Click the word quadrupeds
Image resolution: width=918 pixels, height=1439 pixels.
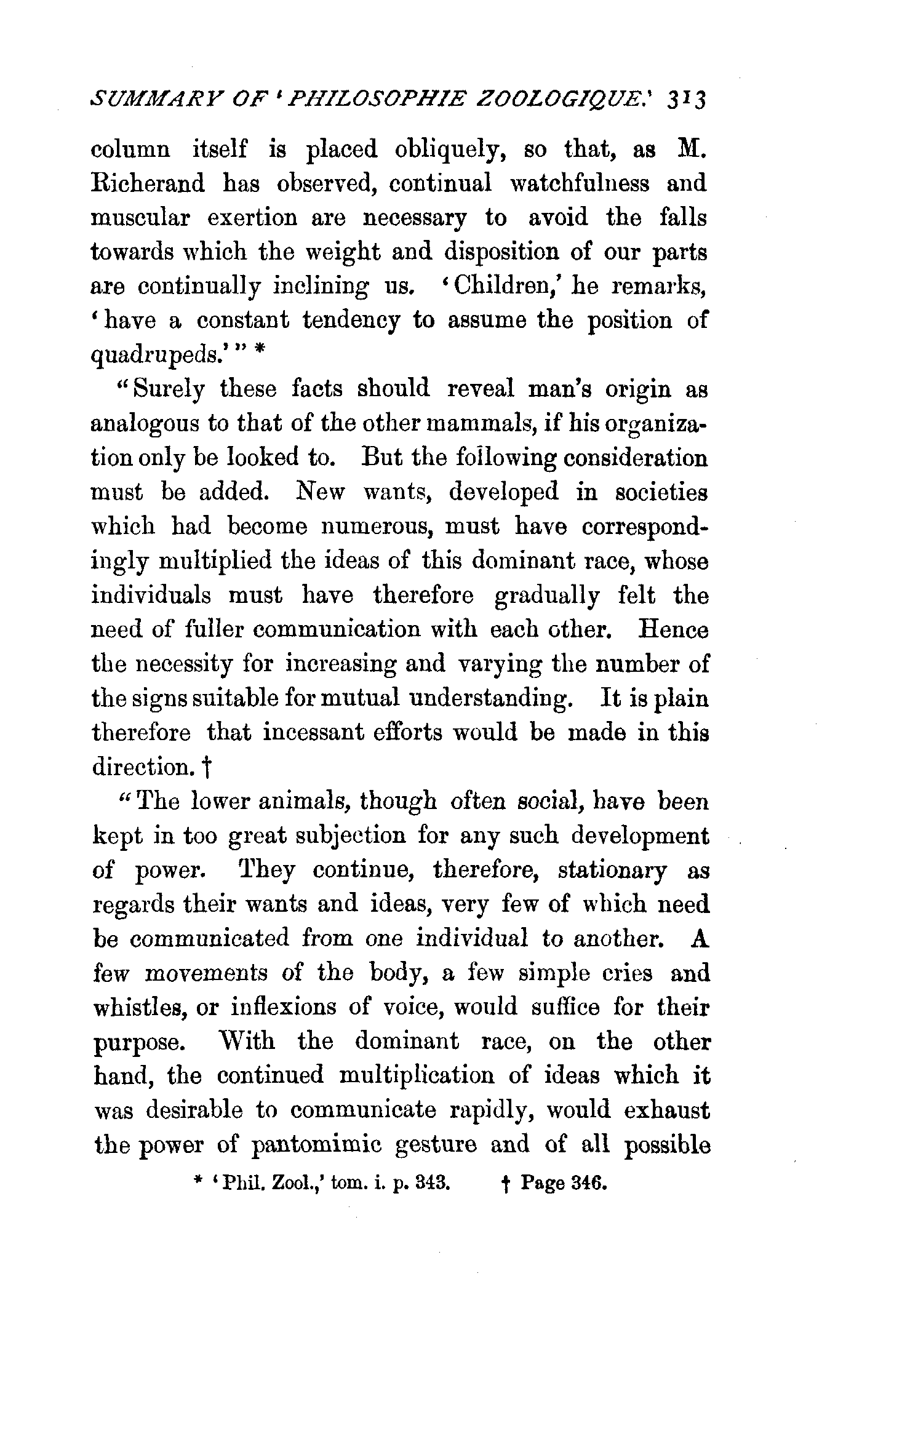(x=156, y=356)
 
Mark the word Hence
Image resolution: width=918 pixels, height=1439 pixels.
(x=674, y=630)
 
